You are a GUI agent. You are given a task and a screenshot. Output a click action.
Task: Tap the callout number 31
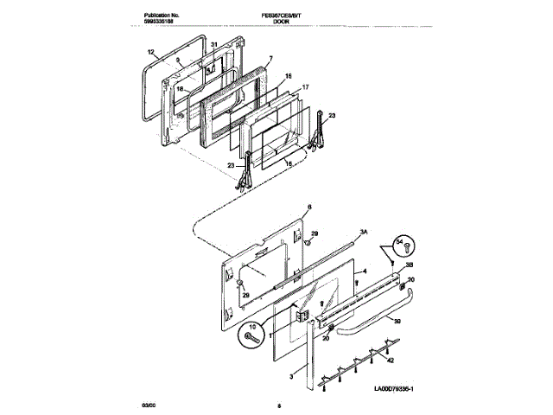(214, 44)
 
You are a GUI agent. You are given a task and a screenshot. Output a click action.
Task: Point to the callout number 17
(305, 87)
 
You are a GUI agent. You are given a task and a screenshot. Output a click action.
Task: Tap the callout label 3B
(410, 264)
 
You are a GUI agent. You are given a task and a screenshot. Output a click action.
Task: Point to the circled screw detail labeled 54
(402, 246)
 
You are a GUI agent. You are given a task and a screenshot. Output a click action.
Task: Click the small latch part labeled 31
(209, 62)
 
